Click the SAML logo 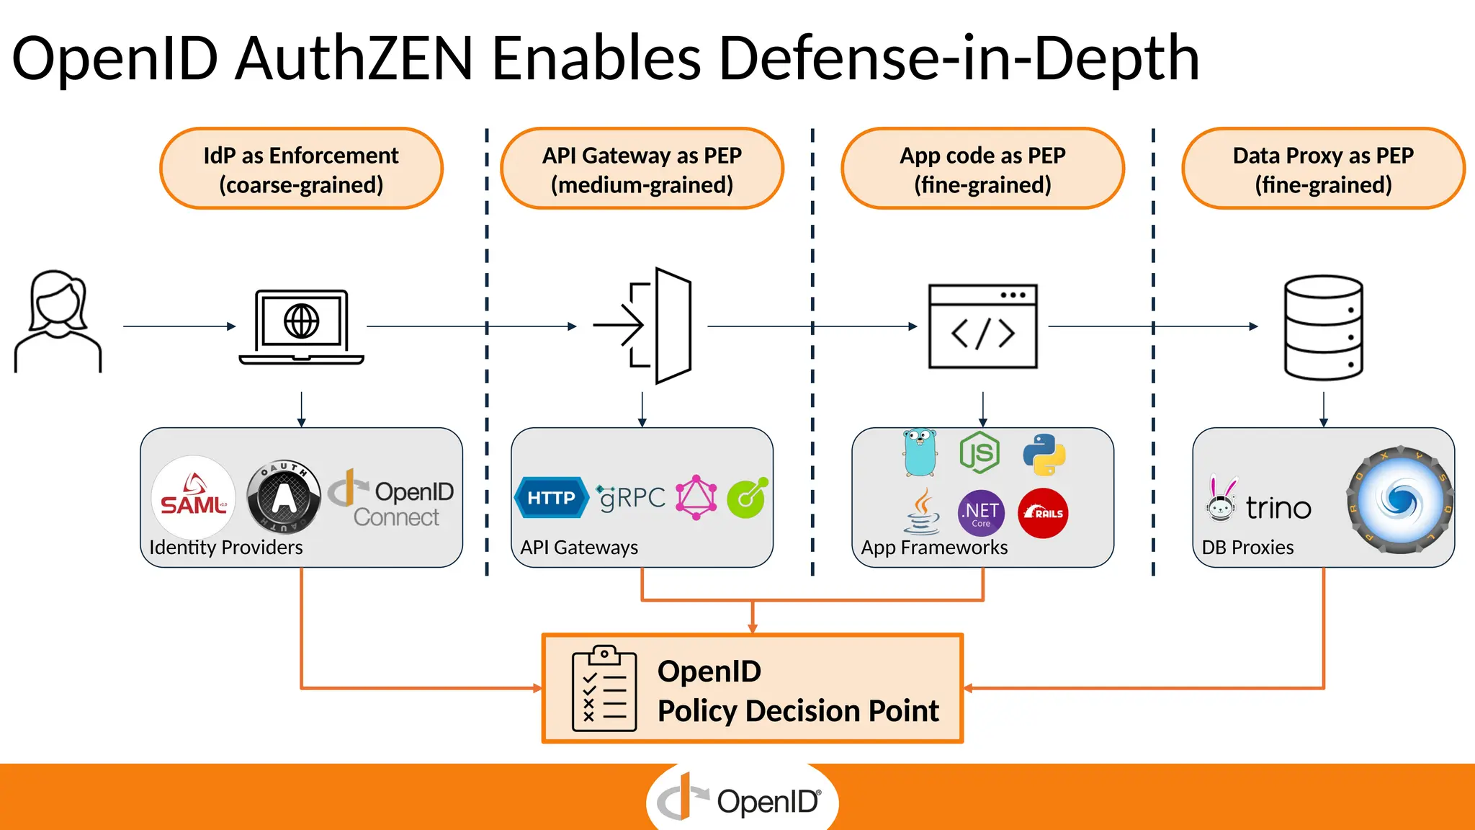193,497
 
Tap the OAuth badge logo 283,497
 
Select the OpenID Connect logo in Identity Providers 393,498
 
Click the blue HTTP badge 552,498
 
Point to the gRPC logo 632,497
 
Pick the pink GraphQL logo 696,497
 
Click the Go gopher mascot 920,452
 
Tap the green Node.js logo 979,452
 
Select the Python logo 1044,454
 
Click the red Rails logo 1043,513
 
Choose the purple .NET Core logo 981,513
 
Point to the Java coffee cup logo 923,512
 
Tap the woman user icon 58,321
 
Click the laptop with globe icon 301,326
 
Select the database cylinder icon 1323,327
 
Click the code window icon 982,326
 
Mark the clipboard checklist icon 604,689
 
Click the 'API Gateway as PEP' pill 642,169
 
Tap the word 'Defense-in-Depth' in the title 959,58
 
